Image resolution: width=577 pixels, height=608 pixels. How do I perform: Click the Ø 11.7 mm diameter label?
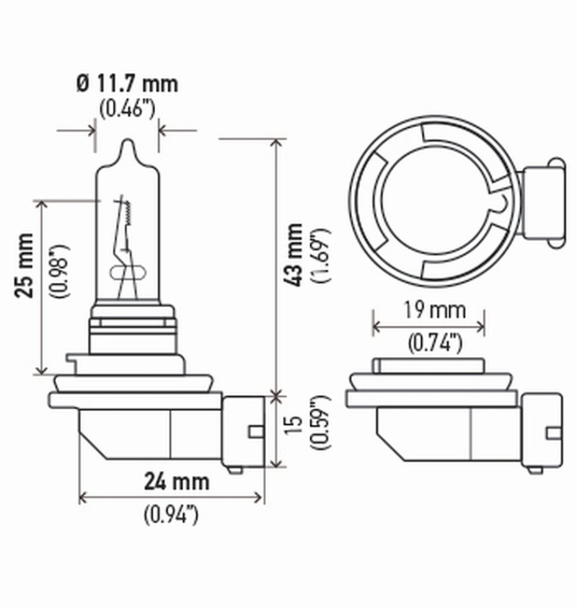coord(126,83)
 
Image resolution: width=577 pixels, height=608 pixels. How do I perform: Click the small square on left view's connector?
coord(253,431)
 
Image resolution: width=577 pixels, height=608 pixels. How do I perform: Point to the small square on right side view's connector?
coord(553,431)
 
